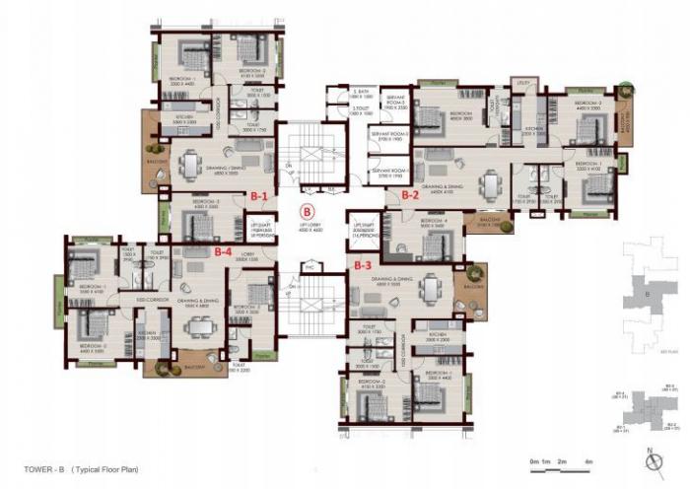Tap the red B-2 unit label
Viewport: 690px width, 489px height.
coord(411,195)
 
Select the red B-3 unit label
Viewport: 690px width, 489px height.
coord(362,264)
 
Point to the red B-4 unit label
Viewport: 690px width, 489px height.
coord(224,251)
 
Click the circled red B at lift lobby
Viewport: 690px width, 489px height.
coord(307,211)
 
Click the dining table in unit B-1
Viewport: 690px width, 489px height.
coord(189,160)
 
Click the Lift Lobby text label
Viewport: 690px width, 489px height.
coord(309,228)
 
